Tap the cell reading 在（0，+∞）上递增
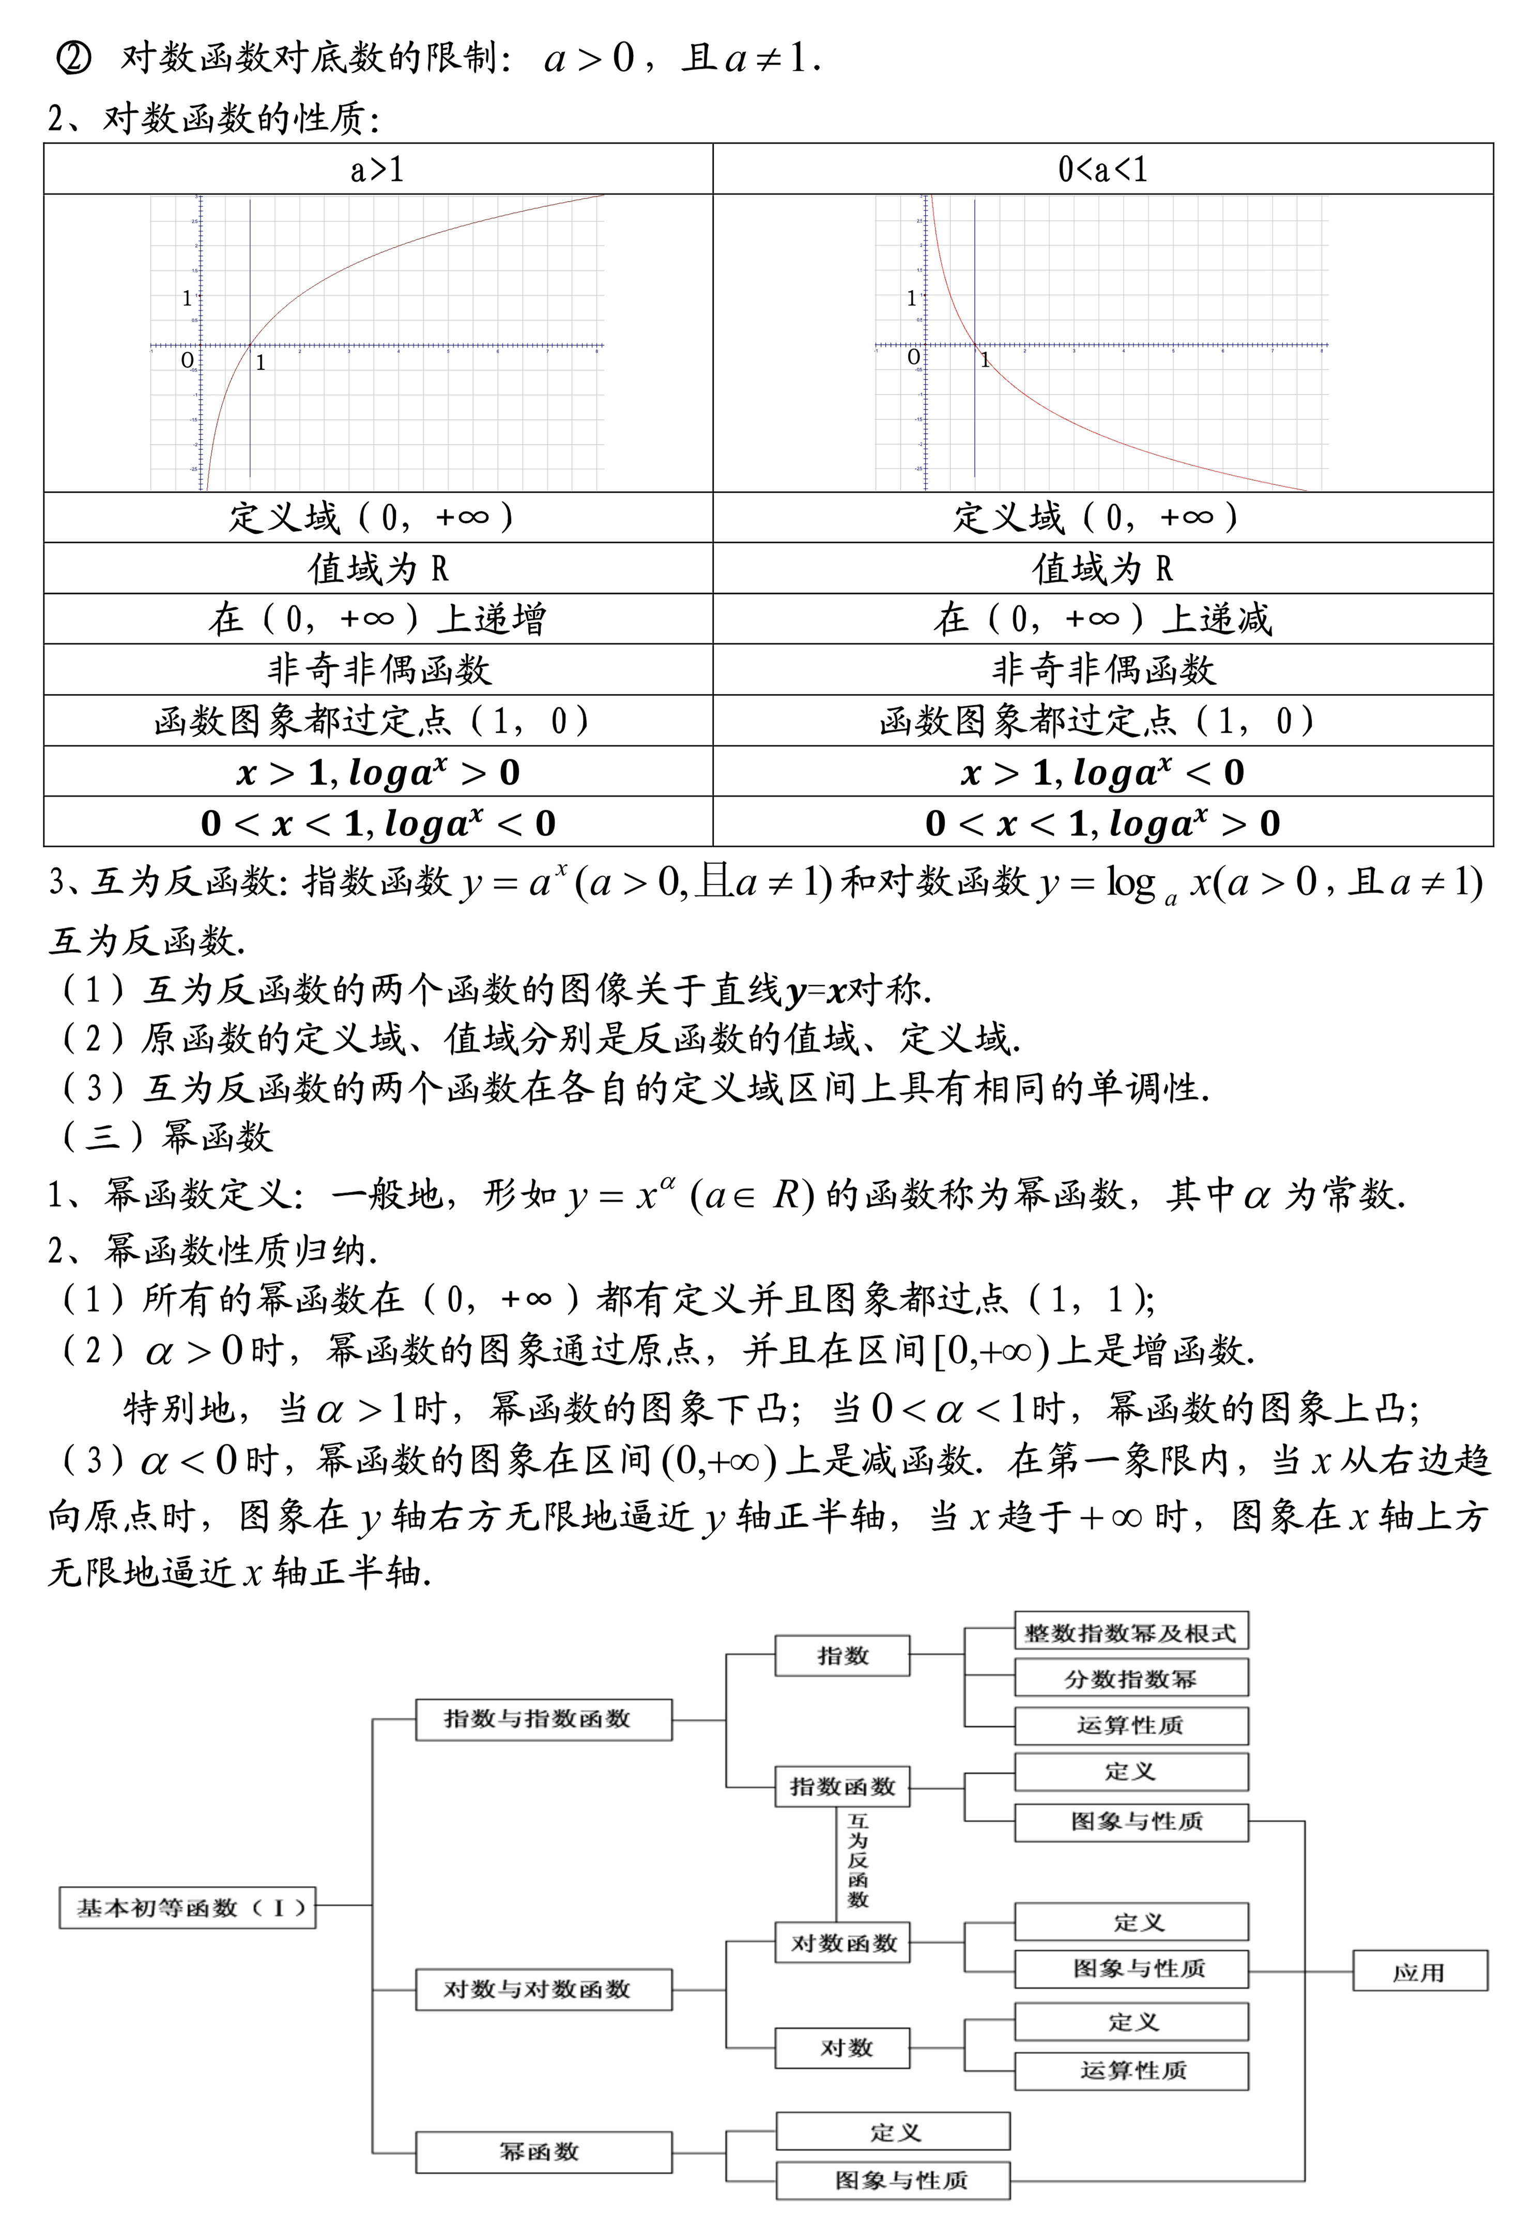[x=377, y=618]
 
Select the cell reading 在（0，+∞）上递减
[x=1102, y=618]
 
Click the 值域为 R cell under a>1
[x=377, y=568]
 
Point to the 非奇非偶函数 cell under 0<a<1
[x=1102, y=670]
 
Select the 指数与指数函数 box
[x=543, y=1719]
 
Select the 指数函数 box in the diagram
[x=842, y=1787]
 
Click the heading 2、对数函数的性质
[x=213, y=119]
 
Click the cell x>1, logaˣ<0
[x=1102, y=773]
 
